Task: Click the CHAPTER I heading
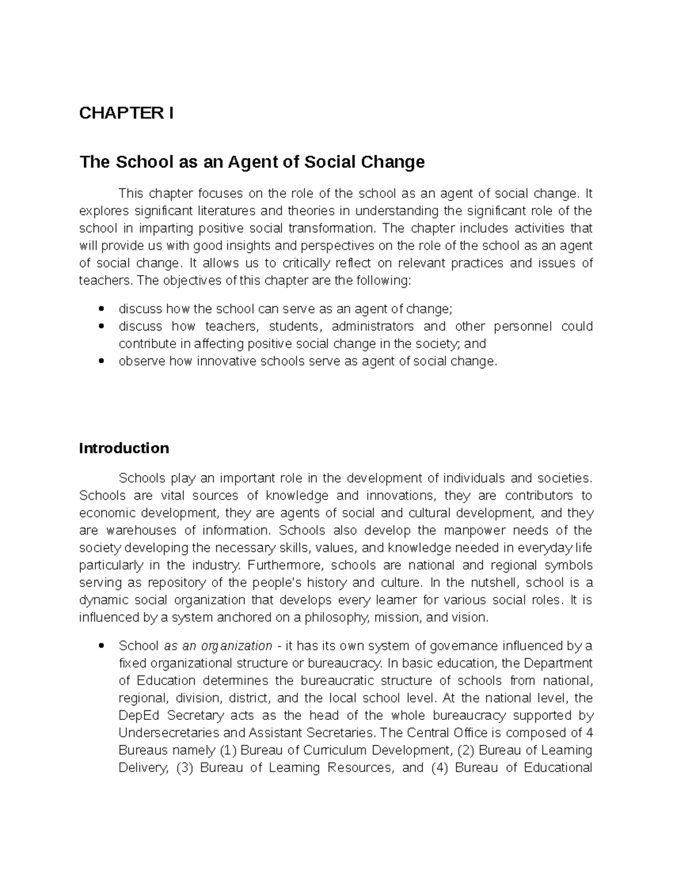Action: pos(126,113)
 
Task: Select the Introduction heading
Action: pos(124,448)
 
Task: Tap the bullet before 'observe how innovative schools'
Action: pos(101,361)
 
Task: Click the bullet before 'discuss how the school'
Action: pos(101,309)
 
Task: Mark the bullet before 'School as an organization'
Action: pos(101,646)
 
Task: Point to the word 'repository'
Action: pos(172,583)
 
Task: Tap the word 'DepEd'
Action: pos(140,715)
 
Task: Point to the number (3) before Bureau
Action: pos(185,767)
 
